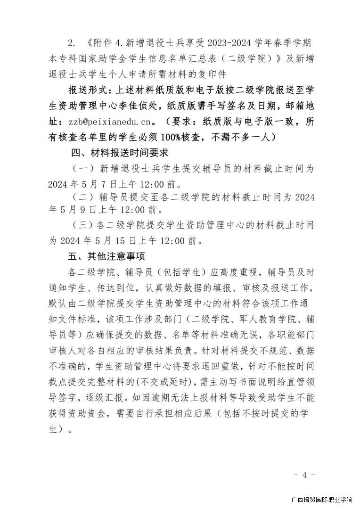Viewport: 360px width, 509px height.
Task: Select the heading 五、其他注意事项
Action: (106, 256)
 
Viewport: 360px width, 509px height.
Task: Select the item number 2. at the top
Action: (72, 43)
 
